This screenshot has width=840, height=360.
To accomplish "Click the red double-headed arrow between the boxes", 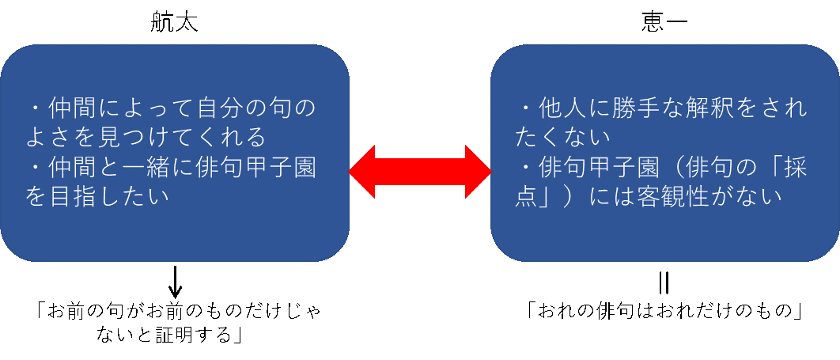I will pos(419,171).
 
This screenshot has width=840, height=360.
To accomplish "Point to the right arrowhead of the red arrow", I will pos(478,171).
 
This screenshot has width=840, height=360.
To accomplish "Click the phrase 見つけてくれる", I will pos(180,136).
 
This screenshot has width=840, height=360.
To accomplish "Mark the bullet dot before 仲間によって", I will pos(36,107).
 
